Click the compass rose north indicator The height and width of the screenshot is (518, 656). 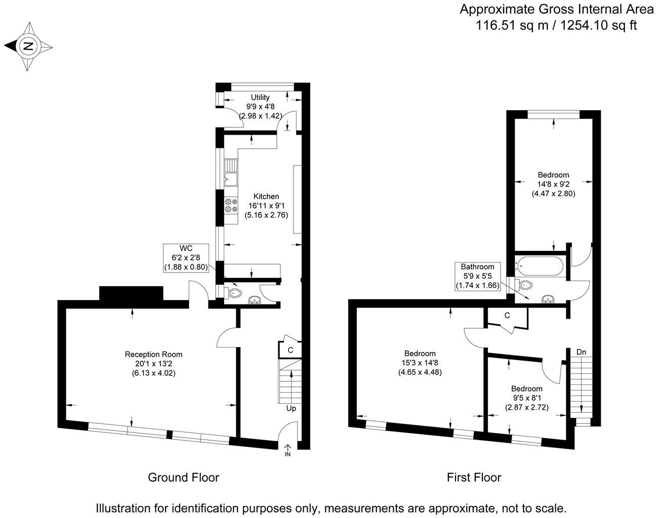coord(28,47)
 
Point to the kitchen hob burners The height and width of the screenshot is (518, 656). coord(231,205)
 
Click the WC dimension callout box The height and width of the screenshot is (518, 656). coord(186,257)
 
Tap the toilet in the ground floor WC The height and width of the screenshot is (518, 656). coord(234,292)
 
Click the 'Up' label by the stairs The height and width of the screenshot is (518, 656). coord(291,408)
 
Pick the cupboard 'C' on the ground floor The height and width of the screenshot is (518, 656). coord(290,350)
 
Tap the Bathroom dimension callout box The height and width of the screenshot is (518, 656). coord(477,276)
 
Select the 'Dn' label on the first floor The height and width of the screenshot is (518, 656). coord(582,352)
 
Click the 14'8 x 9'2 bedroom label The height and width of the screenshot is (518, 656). coord(553,184)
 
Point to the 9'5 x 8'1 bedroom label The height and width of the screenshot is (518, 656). coord(526,398)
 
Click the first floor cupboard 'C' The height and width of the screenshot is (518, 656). coord(507,316)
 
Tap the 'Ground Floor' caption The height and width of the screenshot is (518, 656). coord(183,477)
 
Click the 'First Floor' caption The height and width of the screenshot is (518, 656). coord(474,477)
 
